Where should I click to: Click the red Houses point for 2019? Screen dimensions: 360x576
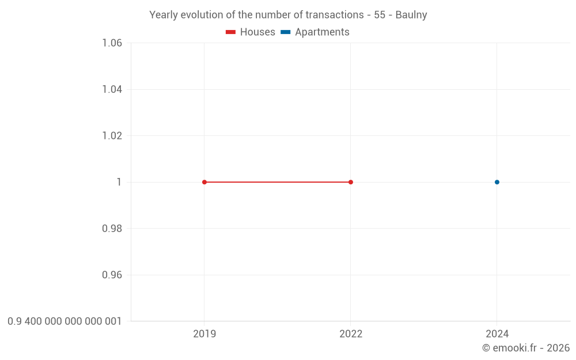click(x=204, y=182)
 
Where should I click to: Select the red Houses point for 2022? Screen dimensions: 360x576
click(x=351, y=182)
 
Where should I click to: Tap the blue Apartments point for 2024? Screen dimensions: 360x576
click(x=497, y=182)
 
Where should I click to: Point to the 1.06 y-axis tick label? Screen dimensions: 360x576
click(x=112, y=43)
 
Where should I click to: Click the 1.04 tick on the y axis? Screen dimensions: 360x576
click(x=112, y=89)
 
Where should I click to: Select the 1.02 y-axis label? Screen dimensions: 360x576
click(x=112, y=136)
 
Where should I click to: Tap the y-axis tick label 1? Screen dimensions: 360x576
click(x=119, y=182)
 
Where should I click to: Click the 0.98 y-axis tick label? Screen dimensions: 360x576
click(x=112, y=229)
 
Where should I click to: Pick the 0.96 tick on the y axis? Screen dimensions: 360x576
click(x=112, y=275)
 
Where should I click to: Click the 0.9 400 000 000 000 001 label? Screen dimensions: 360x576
click(x=65, y=321)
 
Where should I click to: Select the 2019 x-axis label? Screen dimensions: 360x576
click(x=204, y=334)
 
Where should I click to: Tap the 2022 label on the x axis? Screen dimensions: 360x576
click(x=351, y=334)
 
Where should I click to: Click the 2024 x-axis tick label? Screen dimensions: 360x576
click(x=497, y=334)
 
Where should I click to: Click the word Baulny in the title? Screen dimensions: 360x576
click(x=411, y=15)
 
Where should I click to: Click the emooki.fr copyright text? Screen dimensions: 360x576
click(x=526, y=348)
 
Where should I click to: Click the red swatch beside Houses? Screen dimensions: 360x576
click(x=230, y=32)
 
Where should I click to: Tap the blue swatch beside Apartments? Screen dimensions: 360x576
click(x=285, y=32)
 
